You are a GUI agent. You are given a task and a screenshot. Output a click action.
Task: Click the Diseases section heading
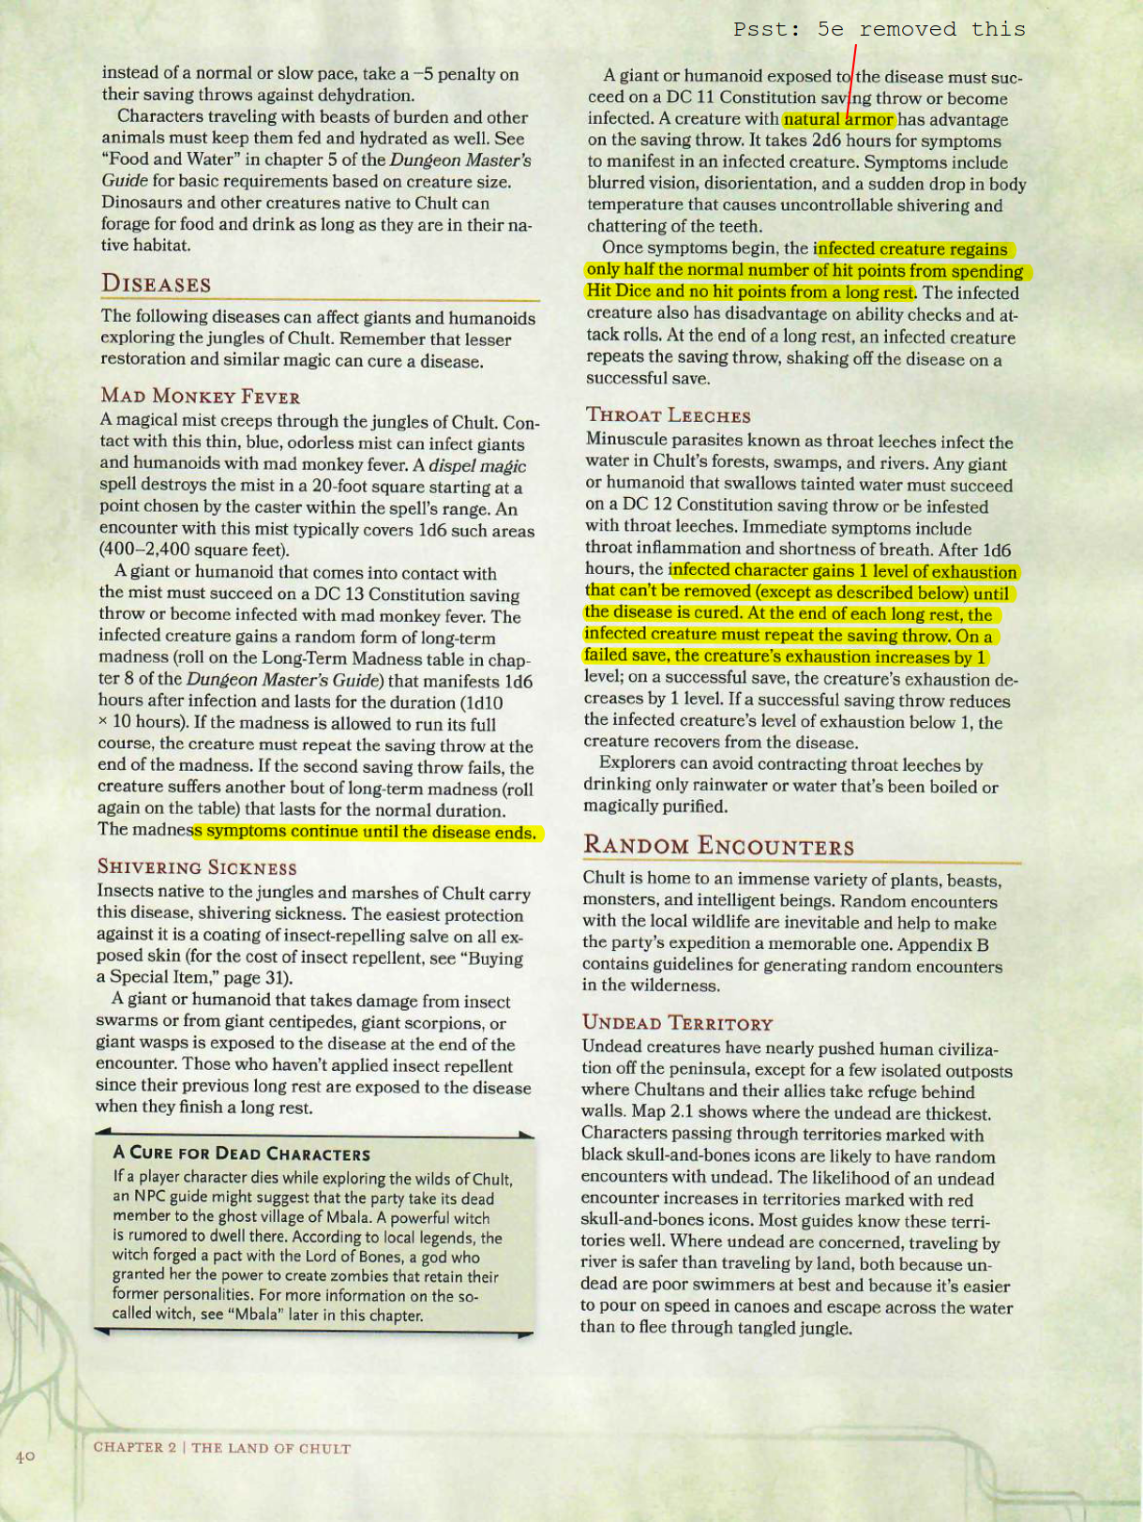pyautogui.click(x=156, y=283)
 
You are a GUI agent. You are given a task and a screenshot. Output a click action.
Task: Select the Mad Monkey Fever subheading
pyautogui.click(x=200, y=397)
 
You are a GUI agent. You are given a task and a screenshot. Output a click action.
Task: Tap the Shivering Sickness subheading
pyautogui.click(x=197, y=867)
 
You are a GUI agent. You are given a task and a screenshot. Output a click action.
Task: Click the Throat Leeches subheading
pyautogui.click(x=668, y=415)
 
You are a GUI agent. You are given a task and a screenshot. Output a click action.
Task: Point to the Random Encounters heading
pyautogui.click(x=718, y=846)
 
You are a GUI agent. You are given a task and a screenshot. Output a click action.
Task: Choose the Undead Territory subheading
pyautogui.click(x=677, y=1023)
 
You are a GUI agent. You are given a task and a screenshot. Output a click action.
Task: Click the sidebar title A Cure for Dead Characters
pyautogui.click(x=241, y=1153)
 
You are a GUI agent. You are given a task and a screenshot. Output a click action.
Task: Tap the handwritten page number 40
pyautogui.click(x=24, y=1456)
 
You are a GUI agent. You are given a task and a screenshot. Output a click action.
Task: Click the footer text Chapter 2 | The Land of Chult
pyautogui.click(x=221, y=1448)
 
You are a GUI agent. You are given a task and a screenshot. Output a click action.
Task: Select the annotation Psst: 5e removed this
pyautogui.click(x=879, y=30)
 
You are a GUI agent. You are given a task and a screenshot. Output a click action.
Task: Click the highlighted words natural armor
pyautogui.click(x=838, y=119)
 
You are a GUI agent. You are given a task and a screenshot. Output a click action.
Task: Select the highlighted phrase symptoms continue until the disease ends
pyautogui.click(x=366, y=832)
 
